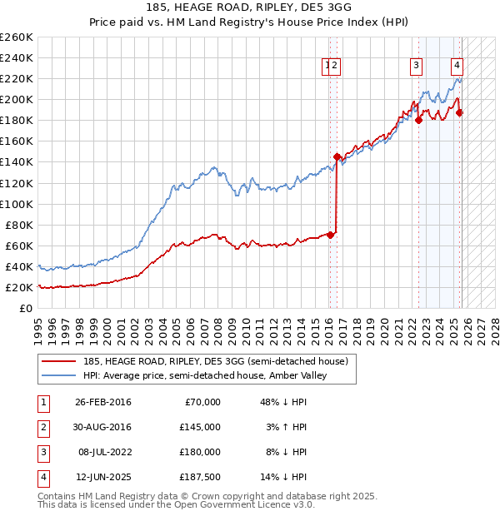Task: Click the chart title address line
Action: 249,9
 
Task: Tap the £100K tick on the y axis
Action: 16,204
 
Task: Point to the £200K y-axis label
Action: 16,99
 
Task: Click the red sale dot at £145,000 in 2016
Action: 337,156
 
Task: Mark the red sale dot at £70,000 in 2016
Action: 331,235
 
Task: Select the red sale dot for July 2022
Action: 418,120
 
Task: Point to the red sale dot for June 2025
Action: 459,112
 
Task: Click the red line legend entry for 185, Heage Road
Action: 198,360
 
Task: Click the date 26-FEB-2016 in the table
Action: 102,402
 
